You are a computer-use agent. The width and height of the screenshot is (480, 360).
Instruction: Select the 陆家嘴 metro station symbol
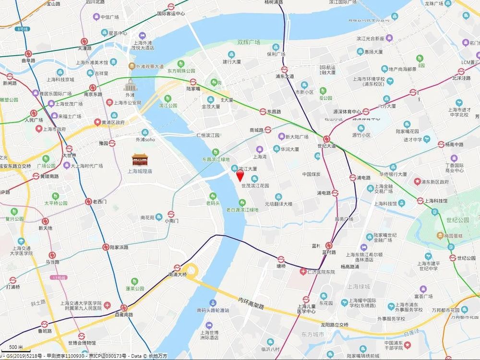point(193,82)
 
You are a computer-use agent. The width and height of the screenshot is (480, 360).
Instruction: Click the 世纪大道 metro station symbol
point(327,138)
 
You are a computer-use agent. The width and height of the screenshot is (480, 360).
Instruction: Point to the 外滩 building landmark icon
point(130,85)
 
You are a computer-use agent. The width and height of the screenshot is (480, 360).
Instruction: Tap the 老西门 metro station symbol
point(88,202)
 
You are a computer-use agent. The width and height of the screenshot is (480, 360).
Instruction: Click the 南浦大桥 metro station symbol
point(177,268)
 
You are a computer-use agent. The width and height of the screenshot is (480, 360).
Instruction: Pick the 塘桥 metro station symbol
point(281,260)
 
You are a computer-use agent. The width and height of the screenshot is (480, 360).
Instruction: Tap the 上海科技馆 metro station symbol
point(420,201)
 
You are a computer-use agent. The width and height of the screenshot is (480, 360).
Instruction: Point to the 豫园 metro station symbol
point(112,143)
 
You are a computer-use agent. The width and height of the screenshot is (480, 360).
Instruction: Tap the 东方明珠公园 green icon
point(181,63)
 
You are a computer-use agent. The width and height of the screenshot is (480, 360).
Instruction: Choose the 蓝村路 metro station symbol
point(329,245)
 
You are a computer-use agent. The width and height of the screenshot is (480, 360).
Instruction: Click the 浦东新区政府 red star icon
point(417,182)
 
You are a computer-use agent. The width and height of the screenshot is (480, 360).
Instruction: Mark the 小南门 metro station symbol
point(171,214)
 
